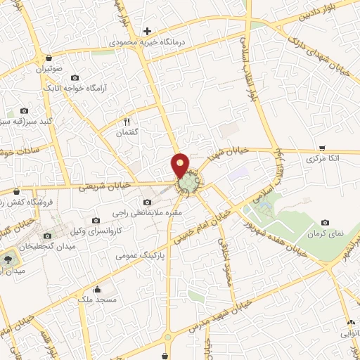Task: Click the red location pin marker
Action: tap(181, 165)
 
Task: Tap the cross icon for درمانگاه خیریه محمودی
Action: tap(147, 31)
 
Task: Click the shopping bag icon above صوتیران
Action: tap(48, 58)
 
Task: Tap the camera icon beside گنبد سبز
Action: tap(25, 110)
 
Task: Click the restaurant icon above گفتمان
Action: tap(127, 120)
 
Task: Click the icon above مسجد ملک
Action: tap(97, 288)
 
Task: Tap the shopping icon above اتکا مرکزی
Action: tap(322, 147)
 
